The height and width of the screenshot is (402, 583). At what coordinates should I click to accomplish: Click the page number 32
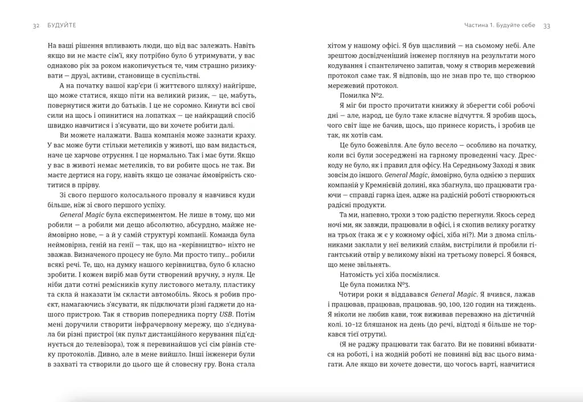(x=36, y=26)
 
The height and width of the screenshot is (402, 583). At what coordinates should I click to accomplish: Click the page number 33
(x=547, y=26)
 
